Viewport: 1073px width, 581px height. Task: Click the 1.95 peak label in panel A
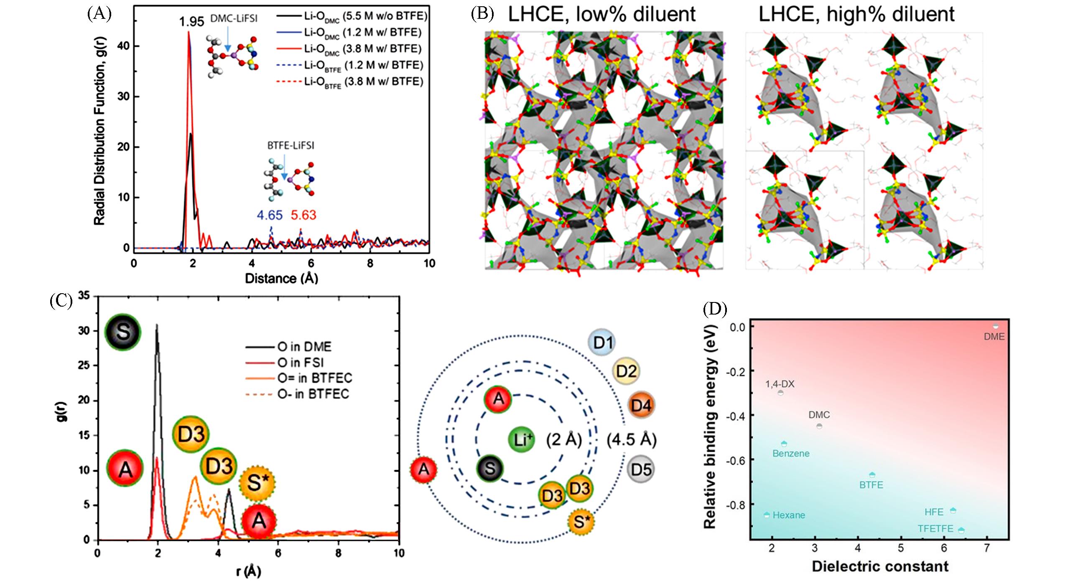coord(191,21)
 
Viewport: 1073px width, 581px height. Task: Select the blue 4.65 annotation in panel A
coord(270,215)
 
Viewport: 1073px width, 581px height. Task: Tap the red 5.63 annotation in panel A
coord(303,215)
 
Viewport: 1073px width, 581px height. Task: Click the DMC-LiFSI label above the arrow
coord(234,18)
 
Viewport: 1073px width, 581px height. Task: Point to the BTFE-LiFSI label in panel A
coord(291,146)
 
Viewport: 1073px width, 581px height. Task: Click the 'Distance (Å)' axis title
coord(281,278)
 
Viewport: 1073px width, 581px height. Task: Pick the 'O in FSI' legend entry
coord(301,362)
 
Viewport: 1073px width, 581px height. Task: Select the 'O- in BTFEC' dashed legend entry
coord(313,394)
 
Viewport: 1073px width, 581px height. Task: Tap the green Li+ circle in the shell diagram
coord(521,440)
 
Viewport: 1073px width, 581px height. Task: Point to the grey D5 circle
coord(641,469)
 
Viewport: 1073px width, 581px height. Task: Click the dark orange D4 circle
coord(641,405)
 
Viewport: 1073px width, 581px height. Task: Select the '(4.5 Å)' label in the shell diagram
coord(632,440)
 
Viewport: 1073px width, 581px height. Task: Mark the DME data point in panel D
coord(995,326)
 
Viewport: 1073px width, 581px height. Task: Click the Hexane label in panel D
coord(788,515)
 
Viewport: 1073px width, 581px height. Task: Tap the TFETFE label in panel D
coord(935,529)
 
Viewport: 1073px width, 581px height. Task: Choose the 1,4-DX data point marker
coord(780,393)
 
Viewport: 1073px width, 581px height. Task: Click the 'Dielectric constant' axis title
coord(880,566)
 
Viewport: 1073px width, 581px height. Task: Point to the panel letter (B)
coord(482,14)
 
